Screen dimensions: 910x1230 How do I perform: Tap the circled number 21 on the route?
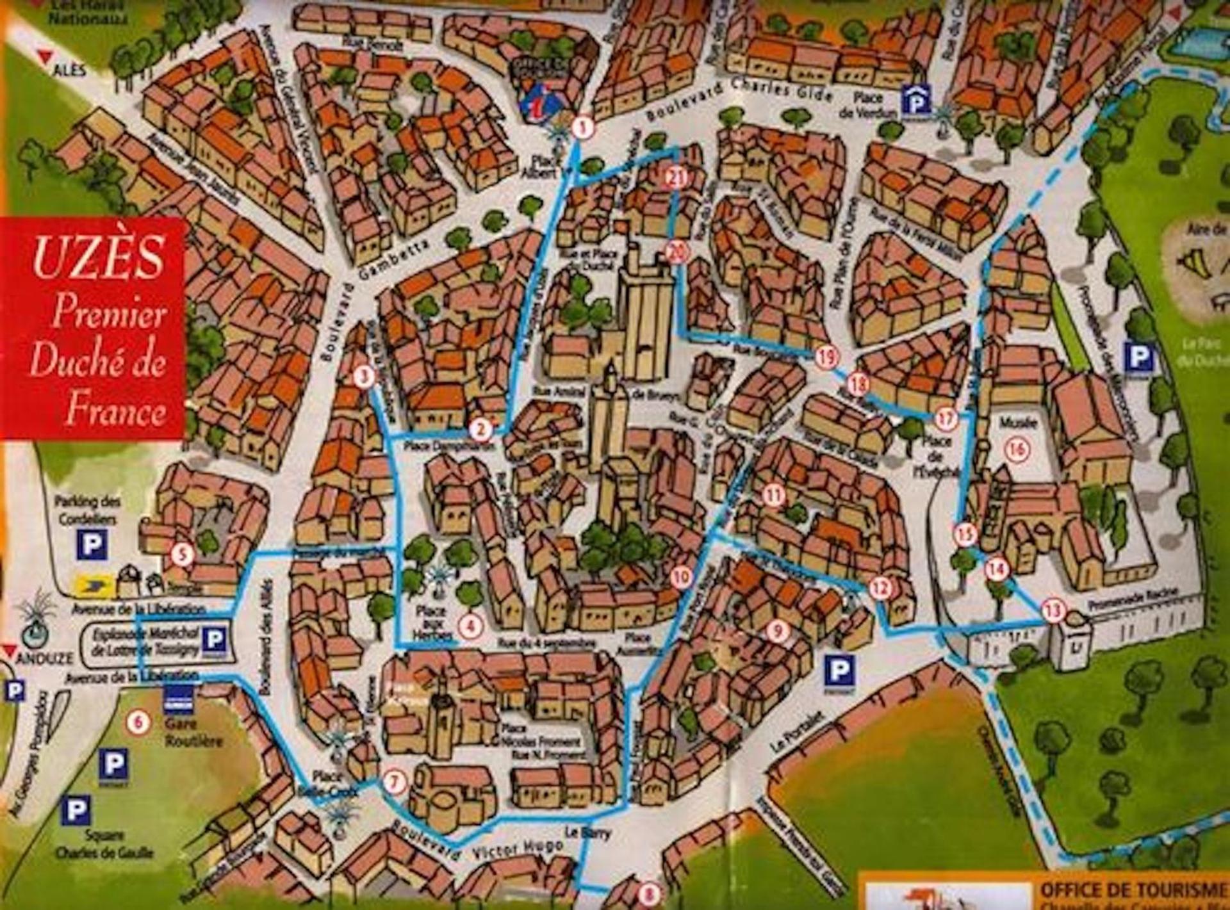(x=676, y=177)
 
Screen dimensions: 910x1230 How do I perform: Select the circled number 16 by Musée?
(x=1017, y=450)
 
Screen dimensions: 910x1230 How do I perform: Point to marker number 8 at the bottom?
(x=649, y=892)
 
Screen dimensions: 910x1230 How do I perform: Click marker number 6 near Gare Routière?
(x=138, y=722)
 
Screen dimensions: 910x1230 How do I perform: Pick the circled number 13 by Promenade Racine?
(x=1053, y=610)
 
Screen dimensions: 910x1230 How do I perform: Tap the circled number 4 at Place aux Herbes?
(x=471, y=625)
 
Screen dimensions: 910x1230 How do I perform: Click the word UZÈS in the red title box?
(x=98, y=257)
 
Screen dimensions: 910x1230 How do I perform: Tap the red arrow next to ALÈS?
(x=44, y=57)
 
